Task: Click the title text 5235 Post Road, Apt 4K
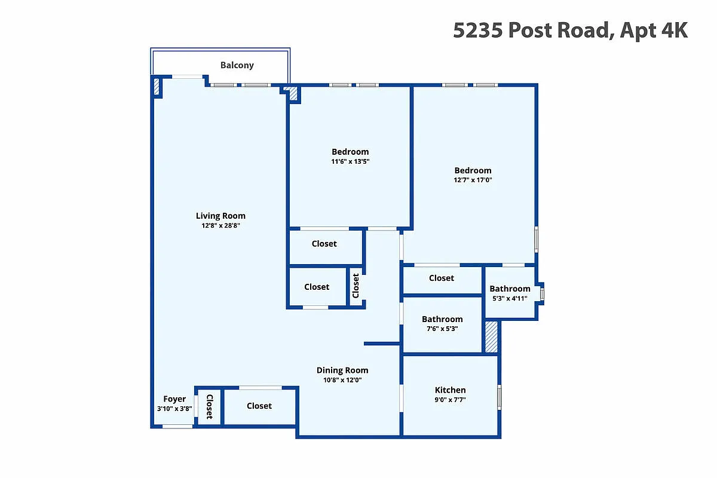570,30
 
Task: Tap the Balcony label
237,65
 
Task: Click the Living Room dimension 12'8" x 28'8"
220,225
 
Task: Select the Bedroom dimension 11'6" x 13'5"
350,161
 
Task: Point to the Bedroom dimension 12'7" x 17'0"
473,180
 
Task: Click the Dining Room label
342,370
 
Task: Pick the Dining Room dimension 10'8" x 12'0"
342,380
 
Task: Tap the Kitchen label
450,390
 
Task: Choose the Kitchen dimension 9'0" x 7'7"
450,400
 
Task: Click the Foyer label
174,399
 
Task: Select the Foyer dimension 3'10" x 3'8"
174,409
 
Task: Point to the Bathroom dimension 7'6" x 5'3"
442,329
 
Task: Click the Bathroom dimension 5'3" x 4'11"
510,298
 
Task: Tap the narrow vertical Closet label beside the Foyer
209,407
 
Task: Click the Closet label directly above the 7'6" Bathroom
442,278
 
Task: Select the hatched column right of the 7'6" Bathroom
491,337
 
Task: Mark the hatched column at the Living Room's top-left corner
157,87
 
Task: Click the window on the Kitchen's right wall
499,397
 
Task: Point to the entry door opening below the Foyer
177,427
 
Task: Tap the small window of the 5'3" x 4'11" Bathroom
542,294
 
